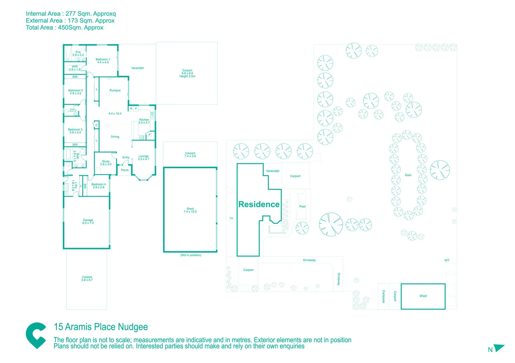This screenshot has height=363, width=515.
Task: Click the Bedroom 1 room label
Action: (x=103, y=61)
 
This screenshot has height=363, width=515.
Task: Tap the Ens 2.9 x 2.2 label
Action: (x=78, y=53)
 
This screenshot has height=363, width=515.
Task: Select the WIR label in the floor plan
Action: (x=75, y=68)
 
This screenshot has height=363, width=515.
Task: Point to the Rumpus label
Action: (x=115, y=90)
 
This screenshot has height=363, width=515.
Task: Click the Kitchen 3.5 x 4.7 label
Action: (x=144, y=121)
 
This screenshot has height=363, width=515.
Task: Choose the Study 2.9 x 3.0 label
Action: (x=106, y=163)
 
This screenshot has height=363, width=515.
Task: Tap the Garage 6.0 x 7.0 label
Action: (x=88, y=221)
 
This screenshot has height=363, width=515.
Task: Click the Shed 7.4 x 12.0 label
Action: (x=190, y=210)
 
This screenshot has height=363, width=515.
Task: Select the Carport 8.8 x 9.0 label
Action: (x=187, y=73)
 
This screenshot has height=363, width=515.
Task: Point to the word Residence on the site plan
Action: (x=259, y=204)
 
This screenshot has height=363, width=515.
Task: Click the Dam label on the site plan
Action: (x=408, y=175)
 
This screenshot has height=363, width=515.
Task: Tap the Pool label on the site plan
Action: (x=302, y=206)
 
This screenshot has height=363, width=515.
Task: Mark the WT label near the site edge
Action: (x=447, y=260)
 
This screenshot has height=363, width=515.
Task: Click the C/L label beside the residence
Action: (x=231, y=218)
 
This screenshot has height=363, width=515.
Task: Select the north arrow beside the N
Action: (x=499, y=348)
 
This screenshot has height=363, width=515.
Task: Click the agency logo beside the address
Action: (x=36, y=335)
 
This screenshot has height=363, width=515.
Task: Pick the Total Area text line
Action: (x=64, y=28)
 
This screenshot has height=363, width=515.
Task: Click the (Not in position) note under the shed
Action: (x=191, y=255)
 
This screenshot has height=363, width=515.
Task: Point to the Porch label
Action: (x=125, y=170)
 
